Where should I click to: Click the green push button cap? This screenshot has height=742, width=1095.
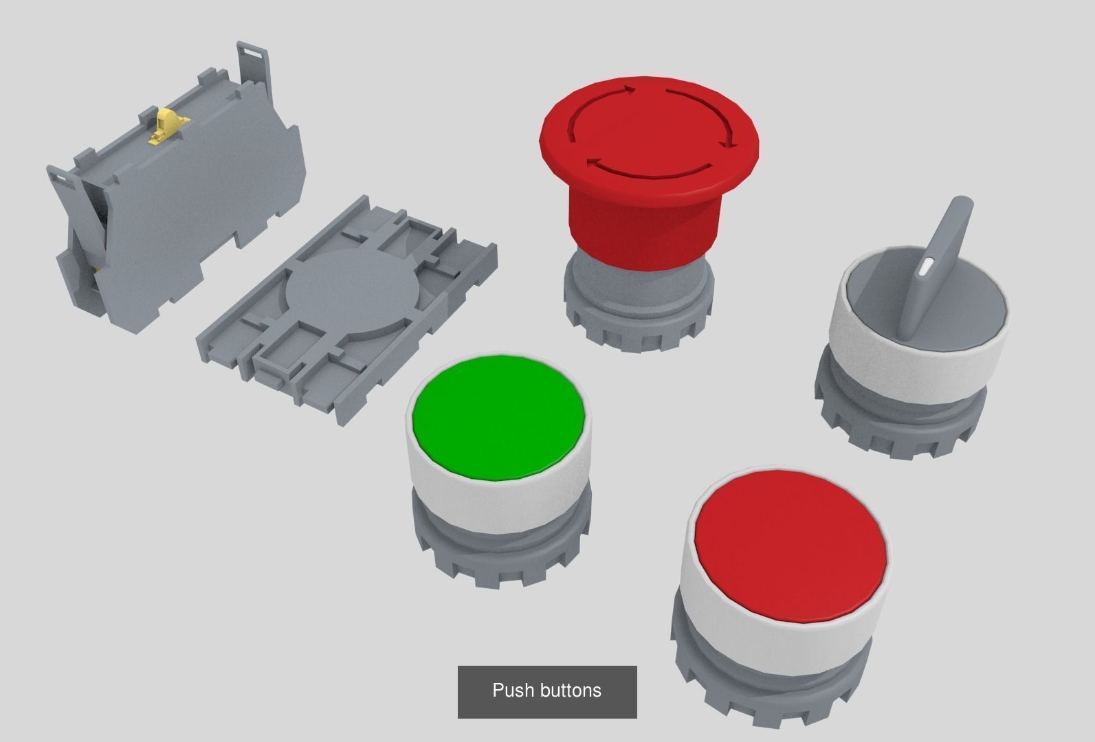coord(498,416)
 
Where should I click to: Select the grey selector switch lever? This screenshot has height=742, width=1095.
coord(942,261)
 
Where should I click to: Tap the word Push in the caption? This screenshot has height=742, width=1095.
coord(514,690)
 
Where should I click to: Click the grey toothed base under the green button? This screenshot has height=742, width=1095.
coord(498,560)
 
